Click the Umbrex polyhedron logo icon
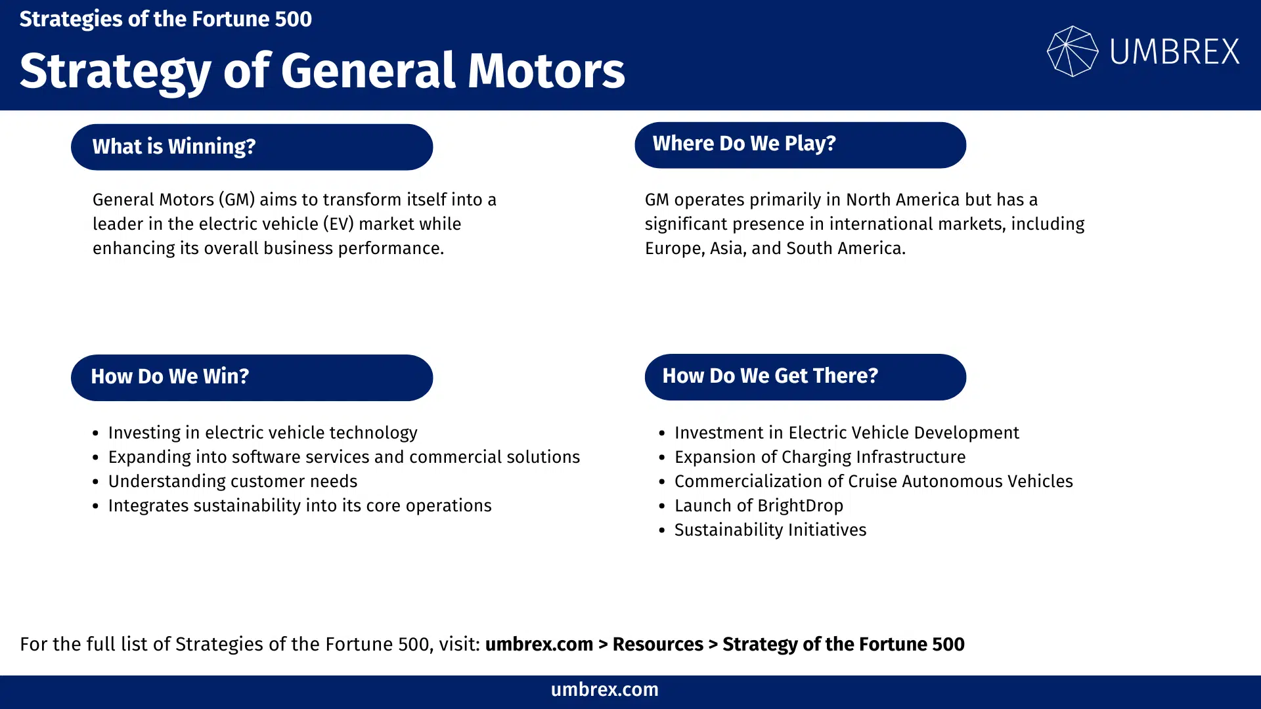pyautogui.click(x=1072, y=51)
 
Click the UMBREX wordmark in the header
pyautogui.click(x=1174, y=51)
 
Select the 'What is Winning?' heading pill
pyautogui.click(x=252, y=146)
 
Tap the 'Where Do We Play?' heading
pyautogui.click(x=800, y=144)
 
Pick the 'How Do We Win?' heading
pyautogui.click(x=252, y=377)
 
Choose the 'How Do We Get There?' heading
pyautogui.click(x=805, y=376)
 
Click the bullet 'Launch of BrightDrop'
pyautogui.click(x=759, y=505)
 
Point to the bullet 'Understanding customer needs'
pyautogui.click(x=232, y=481)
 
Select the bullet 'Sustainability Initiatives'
pyautogui.click(x=770, y=530)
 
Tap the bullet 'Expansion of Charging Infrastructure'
pyautogui.click(x=820, y=457)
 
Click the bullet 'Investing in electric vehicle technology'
pyautogui.click(x=263, y=433)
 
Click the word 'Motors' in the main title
pyautogui.click(x=546, y=71)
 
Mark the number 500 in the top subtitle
pyautogui.click(x=293, y=19)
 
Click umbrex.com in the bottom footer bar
pyautogui.click(x=604, y=689)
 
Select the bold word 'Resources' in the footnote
pyautogui.click(x=657, y=644)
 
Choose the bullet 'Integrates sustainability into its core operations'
pyautogui.click(x=299, y=505)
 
